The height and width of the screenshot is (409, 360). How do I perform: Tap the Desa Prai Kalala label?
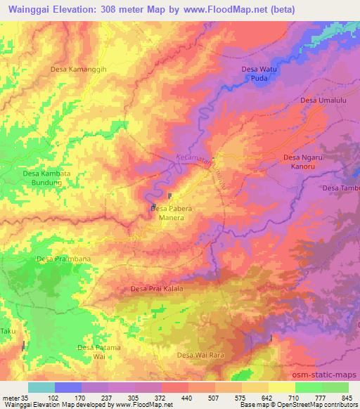click(x=157, y=289)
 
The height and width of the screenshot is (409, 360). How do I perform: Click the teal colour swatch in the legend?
click(x=41, y=387)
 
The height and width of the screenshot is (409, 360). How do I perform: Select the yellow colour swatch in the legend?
click(x=282, y=387)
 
